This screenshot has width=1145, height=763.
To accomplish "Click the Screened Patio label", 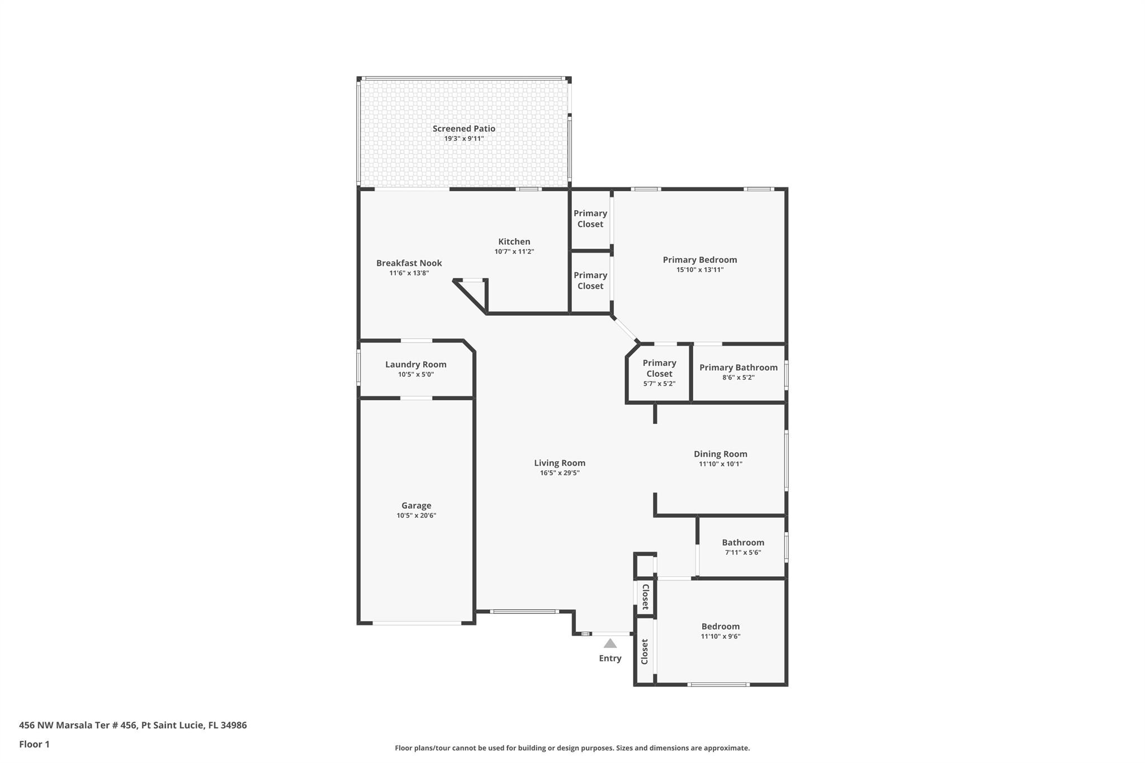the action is click(463, 129).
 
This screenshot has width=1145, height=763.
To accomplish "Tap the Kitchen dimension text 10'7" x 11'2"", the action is click(514, 252).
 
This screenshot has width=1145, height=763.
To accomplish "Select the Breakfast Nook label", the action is click(409, 263).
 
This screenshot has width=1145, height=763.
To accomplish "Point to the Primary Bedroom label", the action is click(699, 260).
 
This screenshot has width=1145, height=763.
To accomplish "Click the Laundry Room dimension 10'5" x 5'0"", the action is click(415, 375).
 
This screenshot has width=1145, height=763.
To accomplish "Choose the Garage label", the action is click(416, 506).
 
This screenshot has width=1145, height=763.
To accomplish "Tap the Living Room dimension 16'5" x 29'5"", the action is click(560, 473).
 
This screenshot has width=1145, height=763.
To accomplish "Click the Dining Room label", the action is click(720, 454).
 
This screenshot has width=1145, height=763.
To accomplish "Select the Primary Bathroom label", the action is click(738, 367).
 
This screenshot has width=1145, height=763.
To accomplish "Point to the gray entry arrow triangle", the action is click(610, 643).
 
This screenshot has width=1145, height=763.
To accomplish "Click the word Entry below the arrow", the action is click(610, 658).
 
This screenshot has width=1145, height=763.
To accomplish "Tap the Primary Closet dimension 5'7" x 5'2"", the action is click(659, 384).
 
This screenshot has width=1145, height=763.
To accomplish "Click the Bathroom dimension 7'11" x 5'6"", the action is click(742, 552).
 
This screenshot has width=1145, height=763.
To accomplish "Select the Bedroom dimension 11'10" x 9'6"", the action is click(720, 636).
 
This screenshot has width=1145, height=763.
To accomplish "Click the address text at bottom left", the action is click(133, 725).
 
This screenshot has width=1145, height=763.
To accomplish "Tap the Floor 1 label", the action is click(34, 744).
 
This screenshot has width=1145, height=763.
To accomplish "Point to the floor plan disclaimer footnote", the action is click(572, 748).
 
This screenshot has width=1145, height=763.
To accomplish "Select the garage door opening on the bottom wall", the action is click(417, 623).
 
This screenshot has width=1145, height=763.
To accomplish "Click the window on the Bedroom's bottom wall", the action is click(718, 684).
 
